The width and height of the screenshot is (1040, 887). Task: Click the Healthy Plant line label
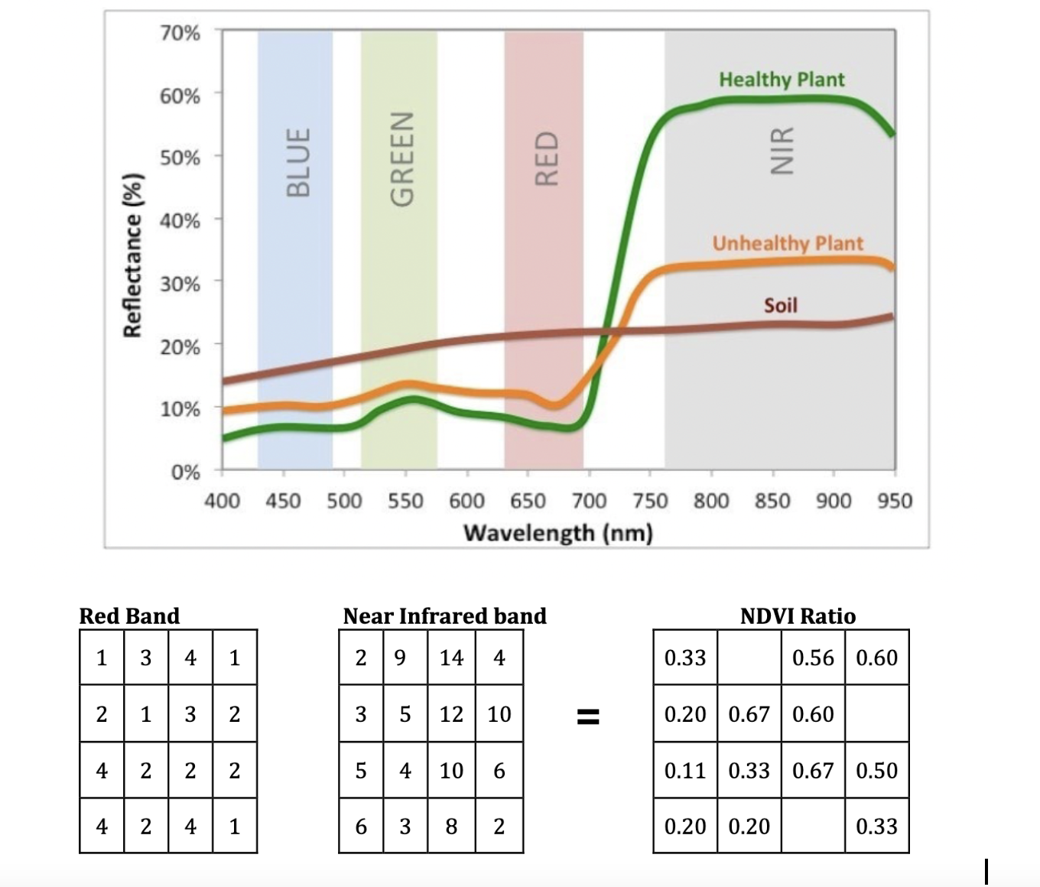pos(782,80)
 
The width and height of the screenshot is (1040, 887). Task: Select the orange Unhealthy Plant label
pos(788,243)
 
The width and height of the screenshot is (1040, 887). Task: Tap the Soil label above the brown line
pos(780,305)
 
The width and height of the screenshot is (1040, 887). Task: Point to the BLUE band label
pos(298,162)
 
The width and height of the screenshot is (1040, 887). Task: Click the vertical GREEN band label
pos(401,159)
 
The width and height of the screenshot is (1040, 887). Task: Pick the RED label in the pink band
pos(546,158)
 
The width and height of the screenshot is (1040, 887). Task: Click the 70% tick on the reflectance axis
pos(180,33)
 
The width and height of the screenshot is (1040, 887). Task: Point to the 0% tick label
pos(185,472)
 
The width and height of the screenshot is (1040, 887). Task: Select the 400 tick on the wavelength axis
pos(222,501)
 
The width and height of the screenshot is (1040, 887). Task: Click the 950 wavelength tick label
pos(895,501)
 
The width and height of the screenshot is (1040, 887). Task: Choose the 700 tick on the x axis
pos(589,501)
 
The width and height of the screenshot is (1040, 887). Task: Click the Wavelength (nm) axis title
pos(558,532)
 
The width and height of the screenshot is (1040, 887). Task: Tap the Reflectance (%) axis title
pos(133,255)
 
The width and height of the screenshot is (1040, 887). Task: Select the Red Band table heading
pos(129,616)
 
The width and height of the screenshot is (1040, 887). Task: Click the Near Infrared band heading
pos(444,616)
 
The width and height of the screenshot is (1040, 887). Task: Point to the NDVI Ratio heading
pos(798,616)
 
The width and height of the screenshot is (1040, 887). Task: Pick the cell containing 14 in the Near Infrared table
pos(451,658)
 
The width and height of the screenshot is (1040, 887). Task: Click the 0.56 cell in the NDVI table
pos(813,658)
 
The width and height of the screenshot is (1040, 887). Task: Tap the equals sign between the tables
pos(587,716)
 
